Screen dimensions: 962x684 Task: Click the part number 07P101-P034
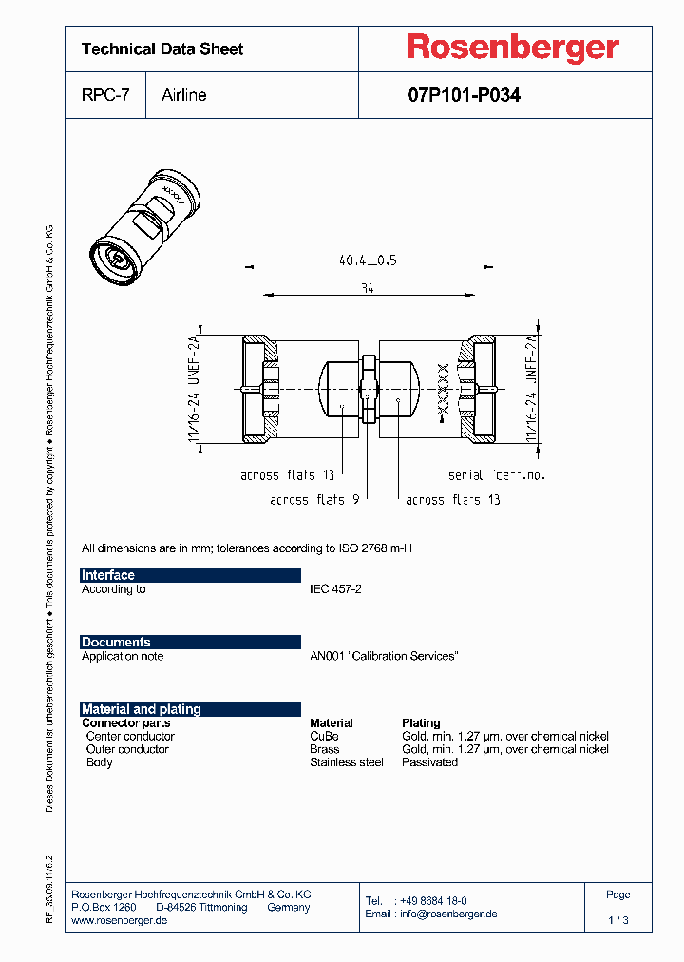(464, 95)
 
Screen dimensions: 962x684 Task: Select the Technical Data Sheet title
(162, 48)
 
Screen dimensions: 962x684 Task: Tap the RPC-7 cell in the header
(105, 95)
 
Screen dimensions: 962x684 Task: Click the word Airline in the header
(184, 95)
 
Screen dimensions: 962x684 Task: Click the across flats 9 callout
(314, 499)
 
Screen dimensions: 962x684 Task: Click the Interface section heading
(108, 575)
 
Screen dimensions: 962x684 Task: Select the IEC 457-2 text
(335, 589)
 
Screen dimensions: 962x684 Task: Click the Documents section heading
(116, 643)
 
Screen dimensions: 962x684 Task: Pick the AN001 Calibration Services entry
(384, 656)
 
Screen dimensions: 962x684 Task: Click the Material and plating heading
(142, 709)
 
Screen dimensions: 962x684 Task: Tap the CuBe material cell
(324, 736)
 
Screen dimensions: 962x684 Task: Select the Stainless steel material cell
(347, 762)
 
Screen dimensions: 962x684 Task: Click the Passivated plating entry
(429, 762)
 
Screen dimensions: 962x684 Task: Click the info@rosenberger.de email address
(446, 914)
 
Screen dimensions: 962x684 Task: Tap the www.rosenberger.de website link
(120, 921)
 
